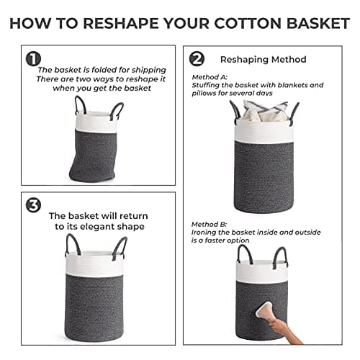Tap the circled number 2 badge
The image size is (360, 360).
197,58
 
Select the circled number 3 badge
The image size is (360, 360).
33,205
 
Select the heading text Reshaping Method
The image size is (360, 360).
263,60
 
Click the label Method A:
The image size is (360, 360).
210,76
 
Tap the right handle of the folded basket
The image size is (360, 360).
117,110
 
